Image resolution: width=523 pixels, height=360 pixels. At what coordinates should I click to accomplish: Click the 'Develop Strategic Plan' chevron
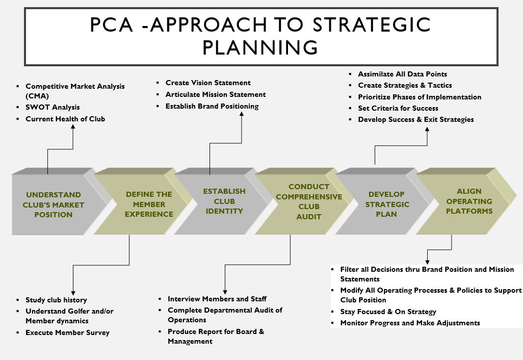pyautogui.click(x=385, y=201)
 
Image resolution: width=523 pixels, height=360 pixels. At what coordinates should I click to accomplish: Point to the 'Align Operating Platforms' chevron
pyautogui.click(x=466, y=201)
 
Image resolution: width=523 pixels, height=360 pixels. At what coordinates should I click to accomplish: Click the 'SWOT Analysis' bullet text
pyautogui.click(x=53, y=108)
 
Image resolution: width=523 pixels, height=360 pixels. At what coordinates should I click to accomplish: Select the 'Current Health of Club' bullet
pyautogui.click(x=65, y=119)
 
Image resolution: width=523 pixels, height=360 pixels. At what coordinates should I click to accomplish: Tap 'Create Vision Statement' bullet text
pyautogui.click(x=208, y=83)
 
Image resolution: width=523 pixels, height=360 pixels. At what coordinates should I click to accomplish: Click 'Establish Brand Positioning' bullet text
pyautogui.click(x=212, y=106)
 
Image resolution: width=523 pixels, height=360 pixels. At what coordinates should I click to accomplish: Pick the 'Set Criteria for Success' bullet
pyautogui.click(x=398, y=109)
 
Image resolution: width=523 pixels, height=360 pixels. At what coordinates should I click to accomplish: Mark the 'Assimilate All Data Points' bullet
pyautogui.click(x=403, y=74)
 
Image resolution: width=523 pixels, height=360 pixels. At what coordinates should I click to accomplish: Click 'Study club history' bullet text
pyautogui.click(x=57, y=300)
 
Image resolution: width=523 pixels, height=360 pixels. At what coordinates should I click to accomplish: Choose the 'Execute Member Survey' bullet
pyautogui.click(x=68, y=332)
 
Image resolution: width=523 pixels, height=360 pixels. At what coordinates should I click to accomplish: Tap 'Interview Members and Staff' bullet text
pyautogui.click(x=217, y=299)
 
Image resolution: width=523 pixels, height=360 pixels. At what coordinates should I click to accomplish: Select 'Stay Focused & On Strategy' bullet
pyautogui.click(x=388, y=312)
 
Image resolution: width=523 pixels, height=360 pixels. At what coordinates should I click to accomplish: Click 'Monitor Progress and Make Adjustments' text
pyautogui.click(x=410, y=323)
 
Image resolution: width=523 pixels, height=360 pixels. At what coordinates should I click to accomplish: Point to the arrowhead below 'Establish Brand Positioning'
pyautogui.click(x=242, y=114)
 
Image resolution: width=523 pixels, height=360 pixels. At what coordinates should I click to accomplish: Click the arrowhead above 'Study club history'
pyautogui.click(x=73, y=293)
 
